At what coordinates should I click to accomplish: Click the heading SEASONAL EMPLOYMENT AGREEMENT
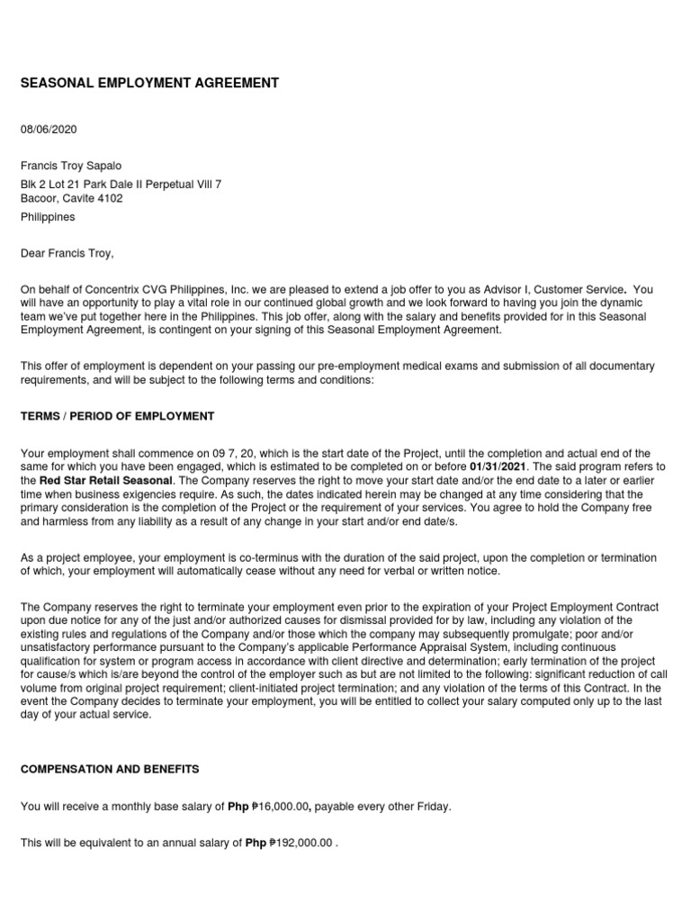(149, 83)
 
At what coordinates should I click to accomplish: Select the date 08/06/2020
(49, 130)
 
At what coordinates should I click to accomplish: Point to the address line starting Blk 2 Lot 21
(121, 184)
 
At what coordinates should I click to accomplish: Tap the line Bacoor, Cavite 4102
(72, 198)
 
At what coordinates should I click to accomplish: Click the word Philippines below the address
(49, 217)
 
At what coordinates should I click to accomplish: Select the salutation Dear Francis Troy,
(67, 253)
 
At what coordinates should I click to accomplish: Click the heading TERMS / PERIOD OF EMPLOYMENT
(117, 416)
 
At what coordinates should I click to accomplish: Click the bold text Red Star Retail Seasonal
(106, 481)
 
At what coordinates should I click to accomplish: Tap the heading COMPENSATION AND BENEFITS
(110, 770)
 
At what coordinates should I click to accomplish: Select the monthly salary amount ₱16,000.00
(283, 807)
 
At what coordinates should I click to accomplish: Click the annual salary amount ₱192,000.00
(301, 844)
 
